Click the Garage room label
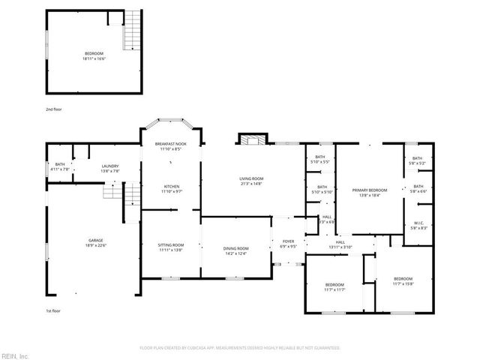click(x=94, y=240)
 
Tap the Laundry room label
click(x=111, y=166)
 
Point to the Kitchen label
click(x=172, y=186)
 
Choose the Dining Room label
click(x=235, y=249)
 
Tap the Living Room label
click(x=251, y=178)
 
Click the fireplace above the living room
click(x=253, y=139)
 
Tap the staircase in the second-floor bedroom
click(x=133, y=30)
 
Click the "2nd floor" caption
click(x=53, y=109)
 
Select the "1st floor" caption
click(x=52, y=310)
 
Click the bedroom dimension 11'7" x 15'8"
click(x=403, y=284)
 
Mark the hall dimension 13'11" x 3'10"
click(x=340, y=247)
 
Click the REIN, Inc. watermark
click(x=15, y=355)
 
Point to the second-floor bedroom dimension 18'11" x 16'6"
click(x=94, y=58)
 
